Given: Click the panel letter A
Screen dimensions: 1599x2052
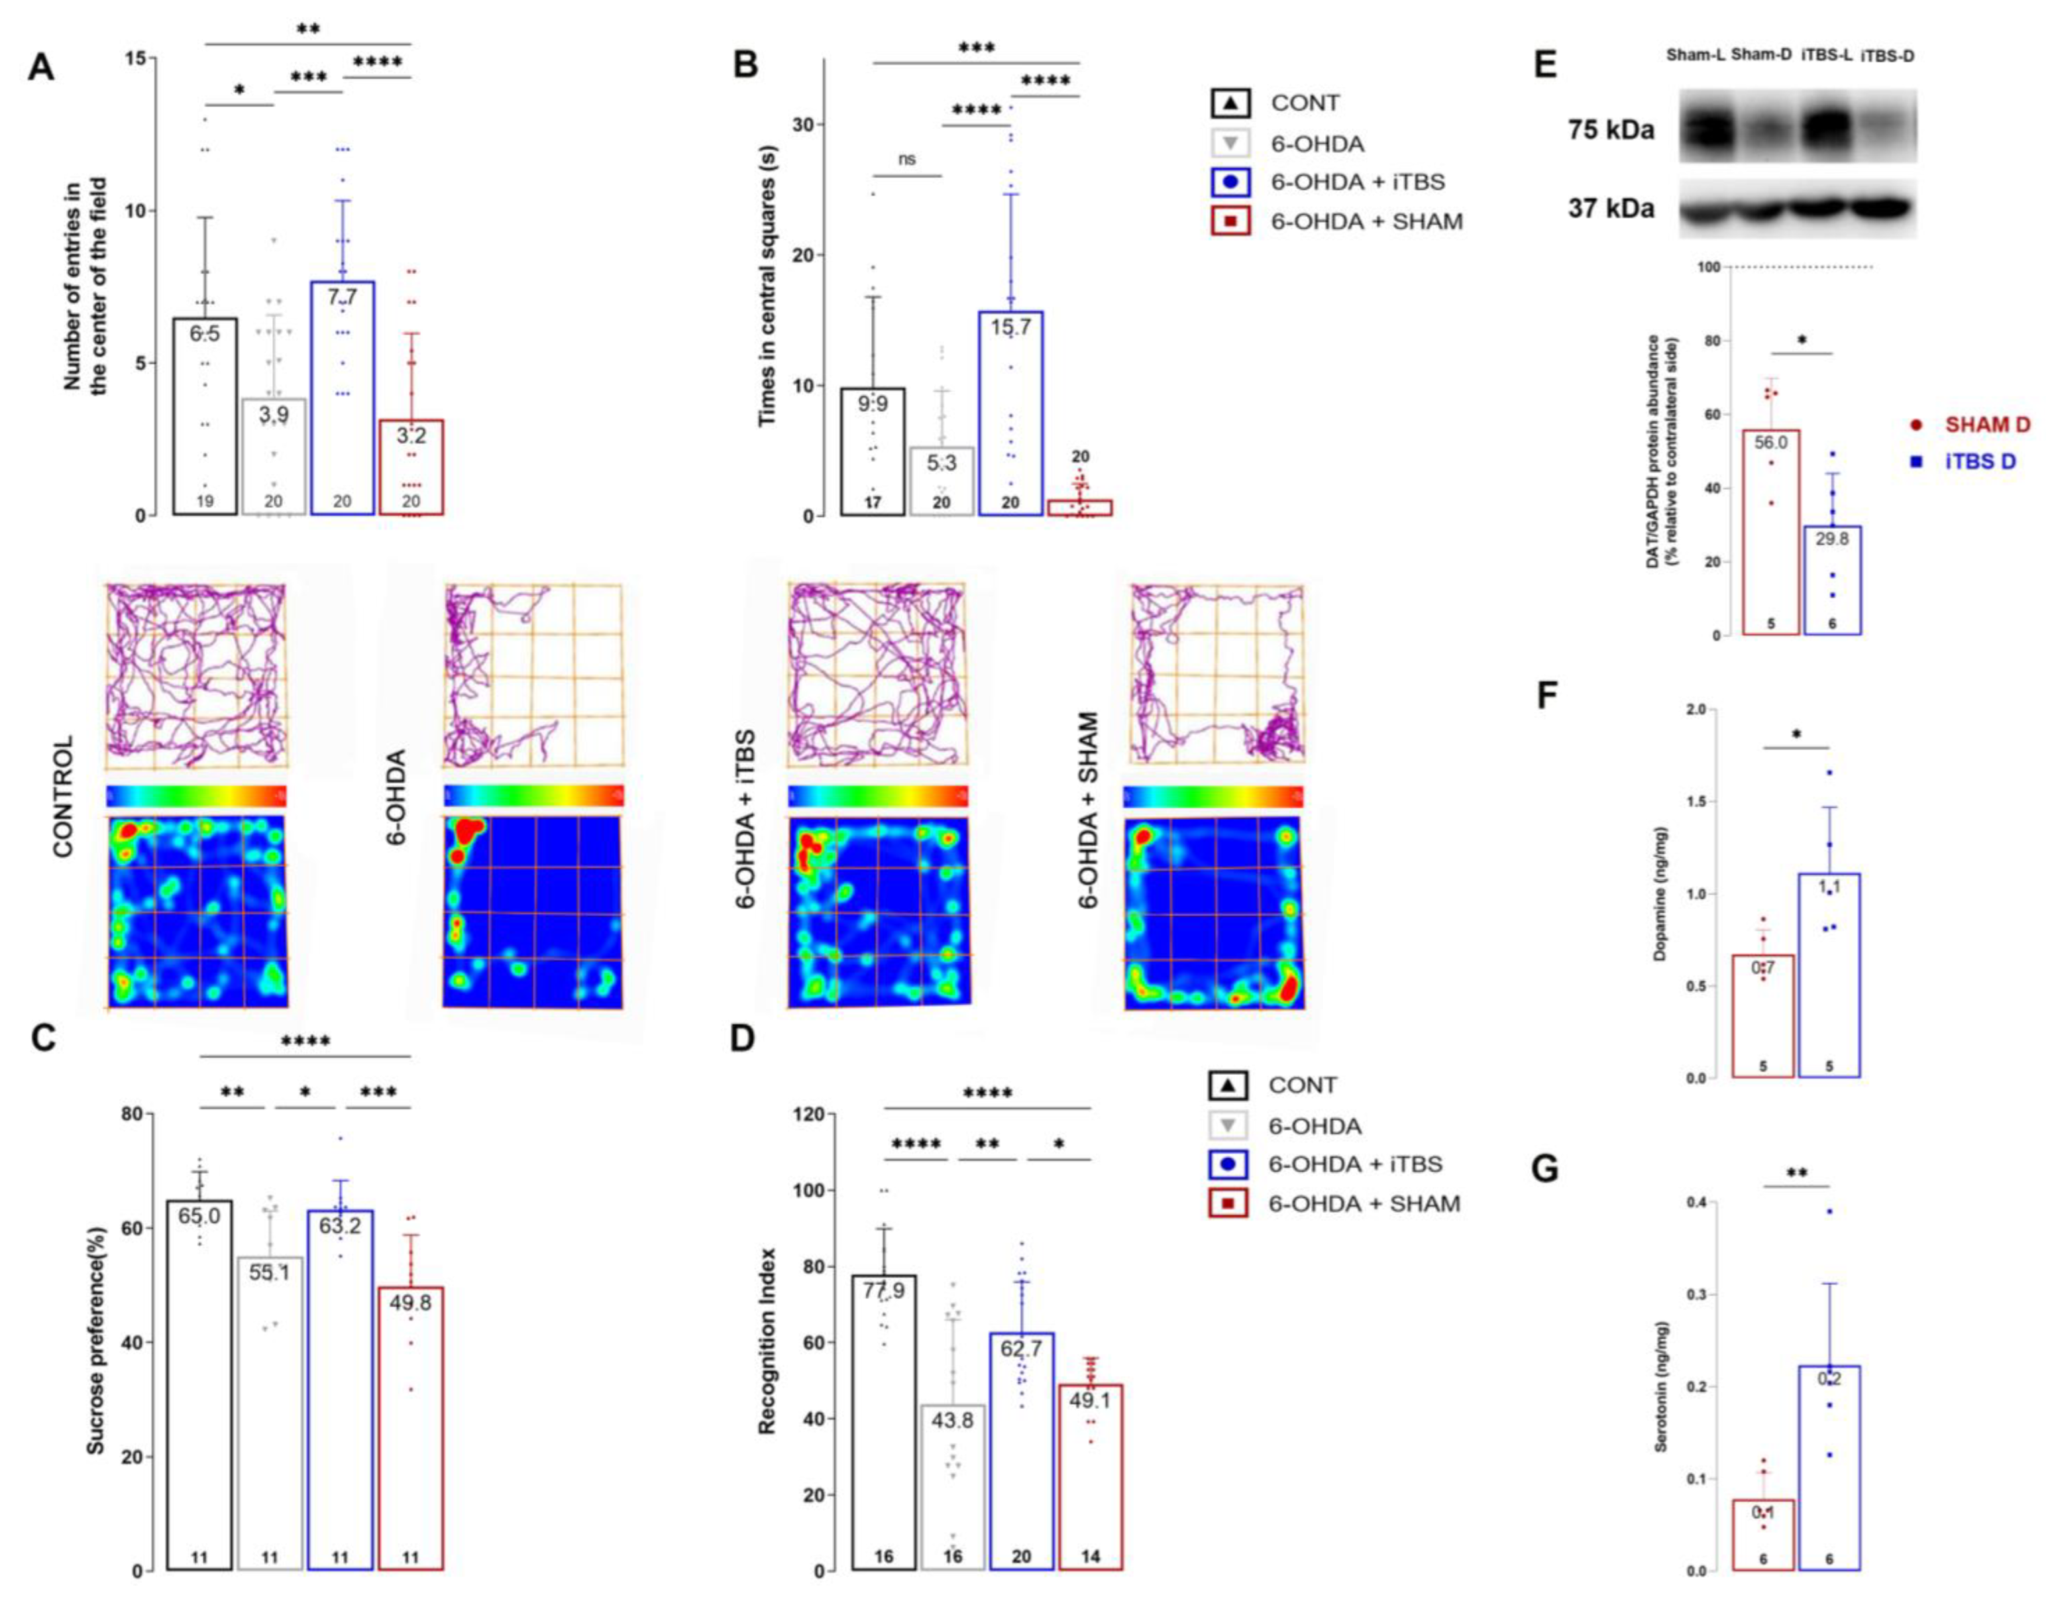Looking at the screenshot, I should [x=40, y=68].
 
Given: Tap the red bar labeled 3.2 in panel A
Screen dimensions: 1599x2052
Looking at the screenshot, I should [x=411, y=470].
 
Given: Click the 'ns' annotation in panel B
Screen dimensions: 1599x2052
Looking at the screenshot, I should [x=906, y=160].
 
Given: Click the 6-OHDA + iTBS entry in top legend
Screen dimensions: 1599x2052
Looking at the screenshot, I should [x=1357, y=182].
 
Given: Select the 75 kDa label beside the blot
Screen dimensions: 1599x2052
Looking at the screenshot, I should [x=1611, y=130].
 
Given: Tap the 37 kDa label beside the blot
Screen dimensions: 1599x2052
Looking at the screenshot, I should [x=1611, y=207].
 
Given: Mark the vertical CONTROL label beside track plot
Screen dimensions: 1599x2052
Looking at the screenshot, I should [x=62, y=797].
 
